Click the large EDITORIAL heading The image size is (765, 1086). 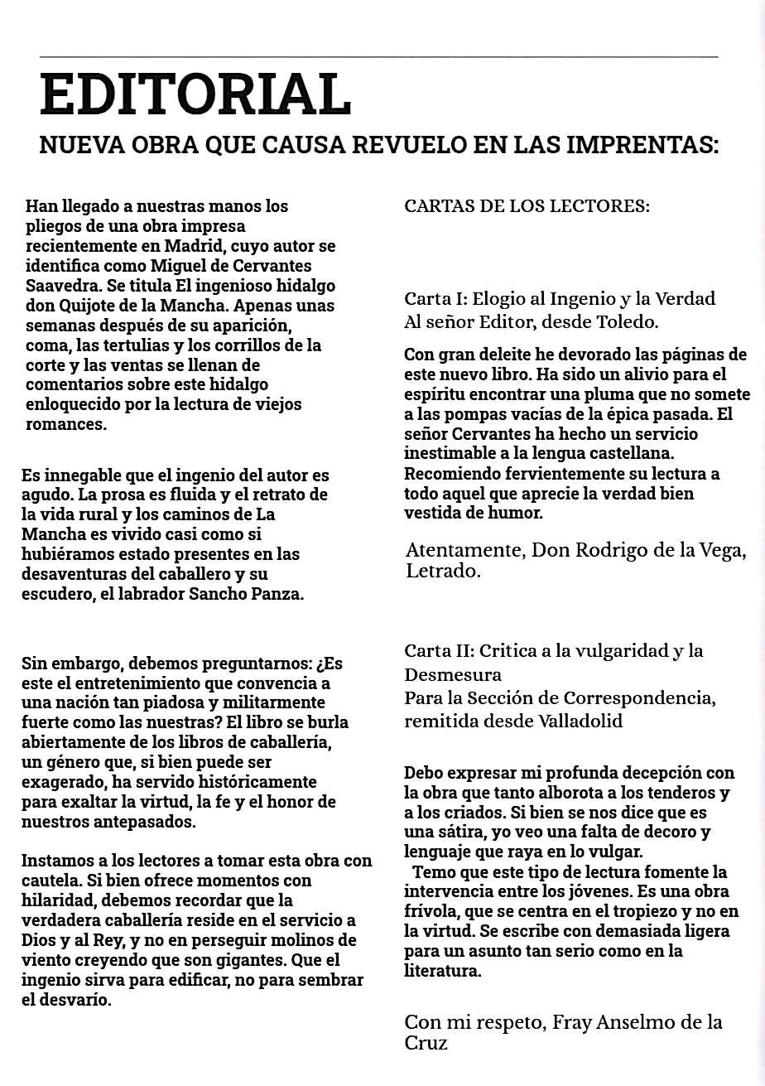click(x=195, y=94)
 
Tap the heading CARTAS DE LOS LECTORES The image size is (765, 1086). click(x=527, y=206)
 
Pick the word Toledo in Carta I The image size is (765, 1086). click(x=628, y=321)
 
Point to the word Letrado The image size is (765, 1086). click(x=443, y=572)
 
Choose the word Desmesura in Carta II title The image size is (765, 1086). click(x=453, y=674)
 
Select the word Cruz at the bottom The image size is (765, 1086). click(x=426, y=1044)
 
